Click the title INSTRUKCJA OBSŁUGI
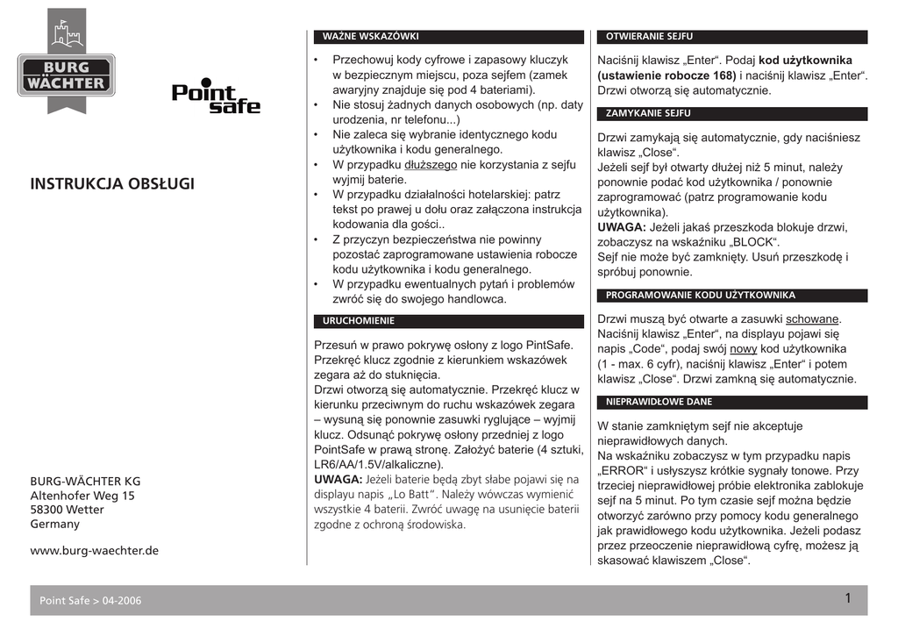pos(112,184)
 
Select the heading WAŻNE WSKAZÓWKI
pos(371,37)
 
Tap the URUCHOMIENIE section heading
pos(359,321)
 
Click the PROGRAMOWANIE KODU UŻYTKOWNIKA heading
pos(700,296)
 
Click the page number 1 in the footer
pos(848,599)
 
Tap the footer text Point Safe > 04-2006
pos(90,601)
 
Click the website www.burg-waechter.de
pos(95,551)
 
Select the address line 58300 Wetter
pos(67,510)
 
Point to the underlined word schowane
pos(813,319)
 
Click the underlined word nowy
pos(743,349)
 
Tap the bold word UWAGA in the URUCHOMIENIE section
pos(338,479)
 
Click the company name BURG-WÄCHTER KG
pos(85,482)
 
